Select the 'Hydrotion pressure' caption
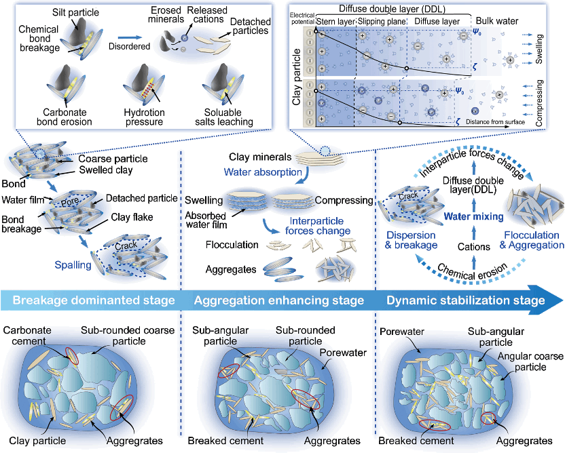click(x=145, y=117)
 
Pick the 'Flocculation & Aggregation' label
click(x=532, y=240)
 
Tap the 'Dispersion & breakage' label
click(x=412, y=240)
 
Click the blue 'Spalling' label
click(x=74, y=265)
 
